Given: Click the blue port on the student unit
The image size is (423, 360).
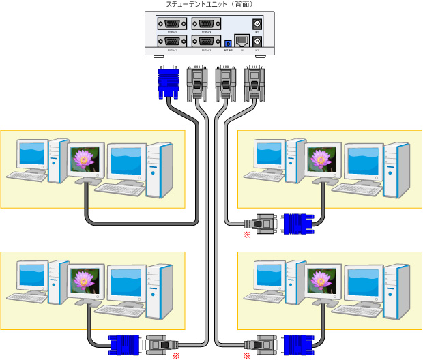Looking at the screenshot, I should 227,44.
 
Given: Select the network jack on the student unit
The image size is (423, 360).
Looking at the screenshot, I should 242,41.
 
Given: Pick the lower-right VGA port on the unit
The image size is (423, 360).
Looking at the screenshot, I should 205,42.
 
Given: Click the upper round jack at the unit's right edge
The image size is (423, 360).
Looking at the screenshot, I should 257,23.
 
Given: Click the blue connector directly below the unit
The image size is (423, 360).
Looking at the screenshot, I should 168,82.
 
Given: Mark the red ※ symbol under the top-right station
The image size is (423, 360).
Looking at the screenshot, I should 246,235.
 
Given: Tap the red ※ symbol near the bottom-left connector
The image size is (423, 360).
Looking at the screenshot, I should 176,355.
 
